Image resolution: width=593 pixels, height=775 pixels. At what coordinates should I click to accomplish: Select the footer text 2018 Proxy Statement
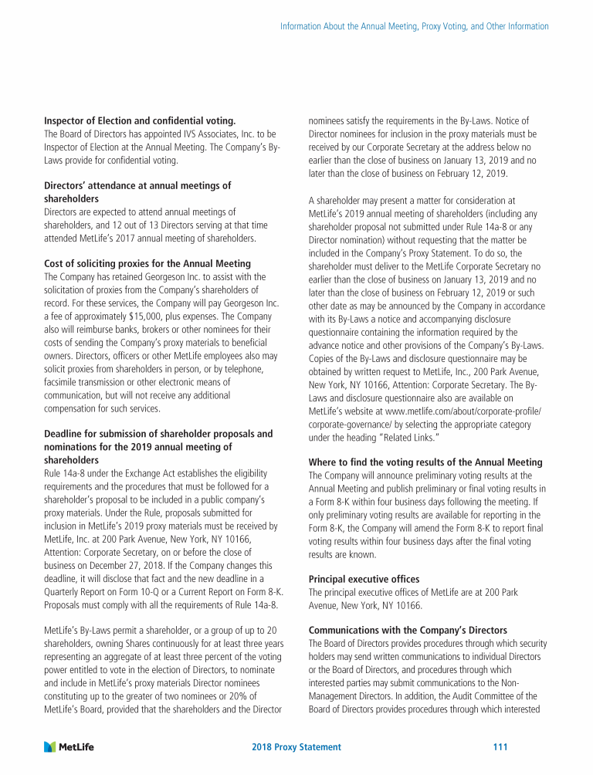click(296, 747)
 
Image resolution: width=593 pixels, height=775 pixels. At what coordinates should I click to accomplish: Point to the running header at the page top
click(414, 26)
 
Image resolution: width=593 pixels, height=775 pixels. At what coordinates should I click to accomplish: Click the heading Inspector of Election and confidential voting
click(140, 120)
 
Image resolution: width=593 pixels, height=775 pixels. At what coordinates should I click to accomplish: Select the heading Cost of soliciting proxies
click(147, 263)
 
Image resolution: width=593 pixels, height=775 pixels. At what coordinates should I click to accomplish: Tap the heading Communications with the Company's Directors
click(408, 630)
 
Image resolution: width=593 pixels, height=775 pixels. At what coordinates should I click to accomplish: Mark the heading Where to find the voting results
click(425, 462)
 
